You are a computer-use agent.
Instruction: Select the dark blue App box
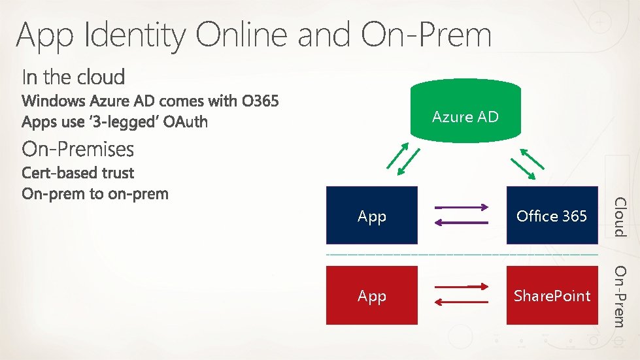(371, 216)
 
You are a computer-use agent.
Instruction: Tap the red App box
(371, 295)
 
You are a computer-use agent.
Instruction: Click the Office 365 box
(552, 216)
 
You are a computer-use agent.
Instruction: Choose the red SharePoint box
(552, 295)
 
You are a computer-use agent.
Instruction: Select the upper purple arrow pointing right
(461, 208)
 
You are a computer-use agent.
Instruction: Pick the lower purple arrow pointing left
(461, 223)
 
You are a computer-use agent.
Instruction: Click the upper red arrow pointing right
(461, 287)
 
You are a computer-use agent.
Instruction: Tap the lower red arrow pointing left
(461, 302)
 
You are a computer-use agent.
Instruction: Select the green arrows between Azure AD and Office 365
(527, 162)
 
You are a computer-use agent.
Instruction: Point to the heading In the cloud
(73, 77)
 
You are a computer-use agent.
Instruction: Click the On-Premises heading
(78, 150)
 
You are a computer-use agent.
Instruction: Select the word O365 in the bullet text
(260, 102)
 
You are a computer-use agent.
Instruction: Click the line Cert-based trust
(78, 173)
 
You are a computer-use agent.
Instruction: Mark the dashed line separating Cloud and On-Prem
(462, 254)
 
